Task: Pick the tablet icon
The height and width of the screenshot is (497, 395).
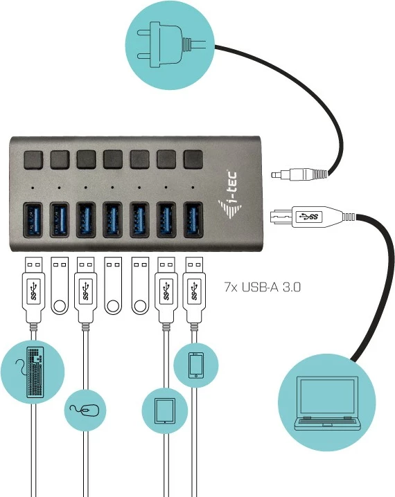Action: coord(164,411)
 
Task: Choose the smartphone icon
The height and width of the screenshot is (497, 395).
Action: coord(195,364)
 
